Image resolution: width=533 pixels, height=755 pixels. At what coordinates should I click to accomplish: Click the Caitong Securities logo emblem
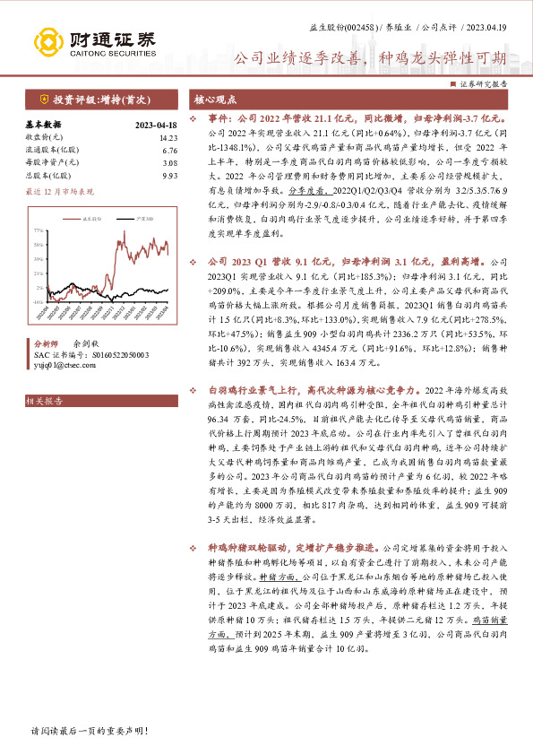tap(47, 40)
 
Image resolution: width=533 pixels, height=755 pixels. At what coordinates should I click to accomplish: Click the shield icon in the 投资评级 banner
tap(44, 99)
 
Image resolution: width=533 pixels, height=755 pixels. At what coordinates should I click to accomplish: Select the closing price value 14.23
tap(168, 137)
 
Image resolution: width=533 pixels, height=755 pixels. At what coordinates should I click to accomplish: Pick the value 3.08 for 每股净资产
tap(169, 163)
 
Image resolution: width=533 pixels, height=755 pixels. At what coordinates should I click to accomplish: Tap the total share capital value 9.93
tap(169, 177)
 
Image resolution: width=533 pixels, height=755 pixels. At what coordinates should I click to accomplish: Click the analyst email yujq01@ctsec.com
tap(63, 366)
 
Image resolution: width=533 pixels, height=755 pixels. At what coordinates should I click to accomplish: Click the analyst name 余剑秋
tap(87, 343)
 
